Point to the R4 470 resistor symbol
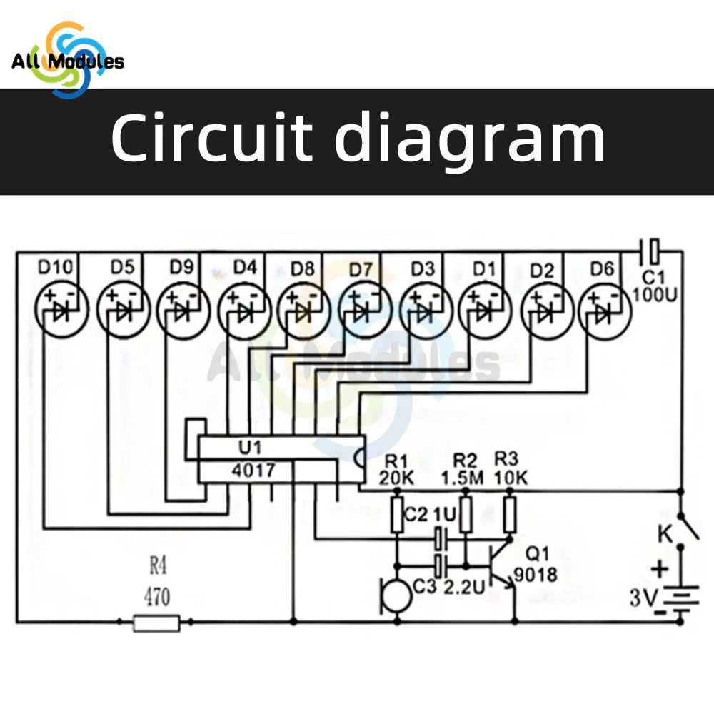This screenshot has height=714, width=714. [156, 623]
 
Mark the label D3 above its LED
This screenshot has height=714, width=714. [423, 269]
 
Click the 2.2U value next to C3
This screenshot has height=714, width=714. [464, 588]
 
